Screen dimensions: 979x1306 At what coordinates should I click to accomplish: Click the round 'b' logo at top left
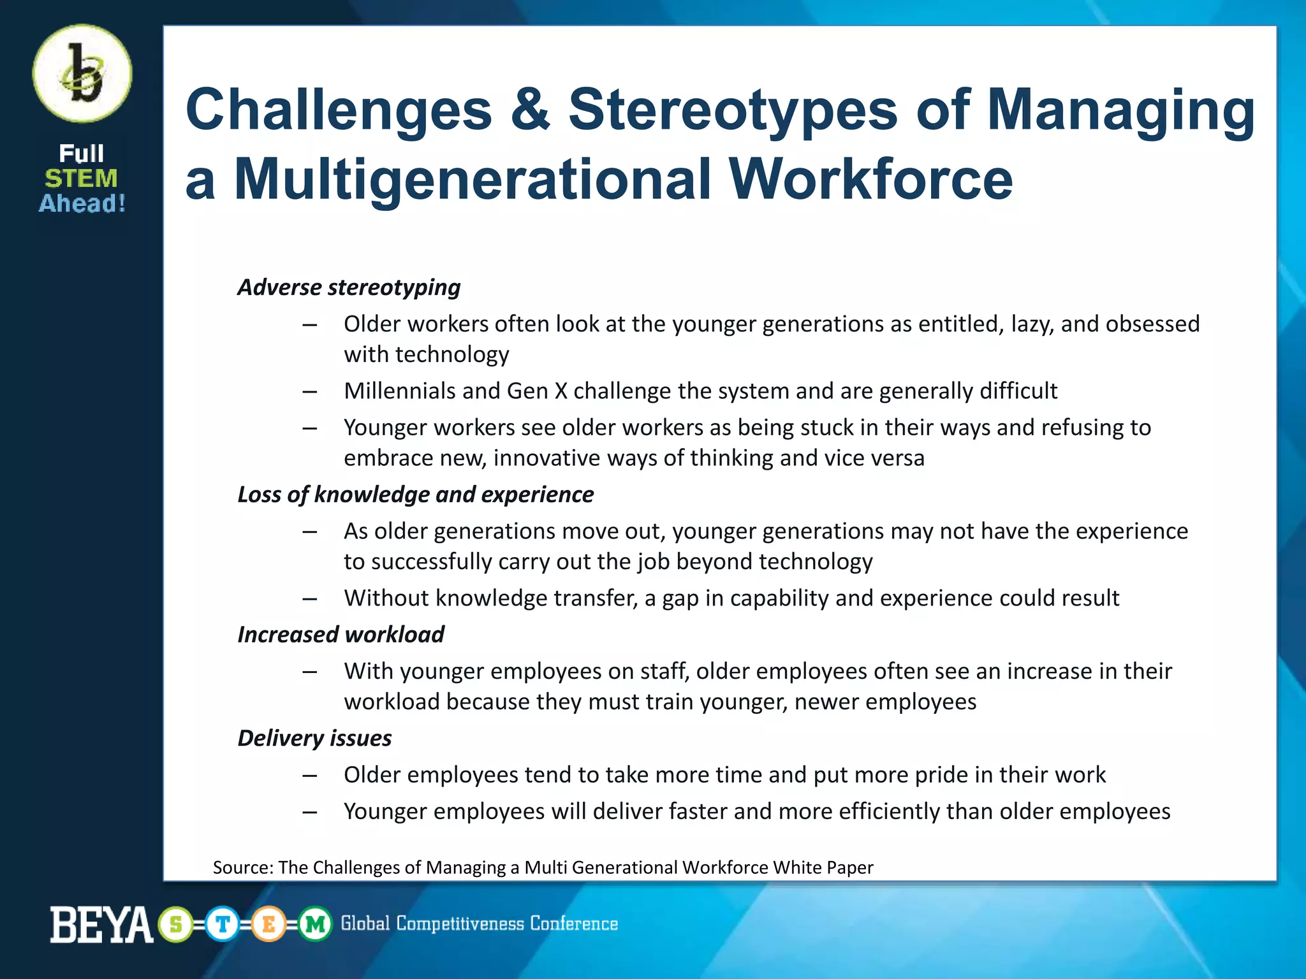pos(82,74)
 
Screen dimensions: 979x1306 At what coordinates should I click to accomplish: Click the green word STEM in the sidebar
pos(81,178)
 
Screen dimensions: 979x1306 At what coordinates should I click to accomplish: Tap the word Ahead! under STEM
pos(82,203)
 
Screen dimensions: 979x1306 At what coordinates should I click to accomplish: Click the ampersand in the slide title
pos(529,110)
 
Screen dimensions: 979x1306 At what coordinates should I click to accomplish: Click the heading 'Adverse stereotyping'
pos(349,287)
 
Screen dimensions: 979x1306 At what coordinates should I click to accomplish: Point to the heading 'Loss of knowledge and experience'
pos(415,495)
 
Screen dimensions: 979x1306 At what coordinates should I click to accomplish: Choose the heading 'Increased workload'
pos(341,635)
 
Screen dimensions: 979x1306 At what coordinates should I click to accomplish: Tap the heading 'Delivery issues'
pos(314,738)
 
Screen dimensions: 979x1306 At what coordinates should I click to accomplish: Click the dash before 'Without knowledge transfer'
pos(310,598)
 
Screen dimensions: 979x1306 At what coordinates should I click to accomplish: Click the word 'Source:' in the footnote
pos(243,867)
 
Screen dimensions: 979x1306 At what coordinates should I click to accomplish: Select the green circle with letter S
pos(176,924)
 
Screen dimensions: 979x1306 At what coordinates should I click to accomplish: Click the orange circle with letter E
pos(268,924)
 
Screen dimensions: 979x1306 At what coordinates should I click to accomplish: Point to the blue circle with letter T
pos(223,924)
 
